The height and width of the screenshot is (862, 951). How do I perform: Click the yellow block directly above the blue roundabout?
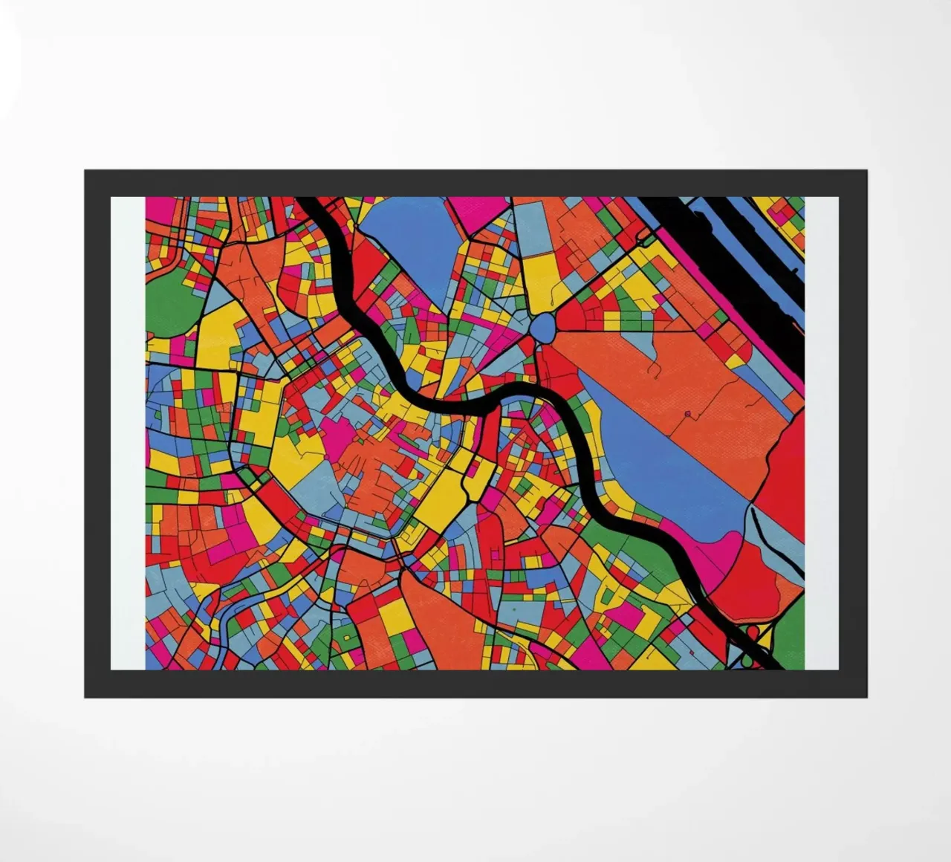click(x=542, y=275)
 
